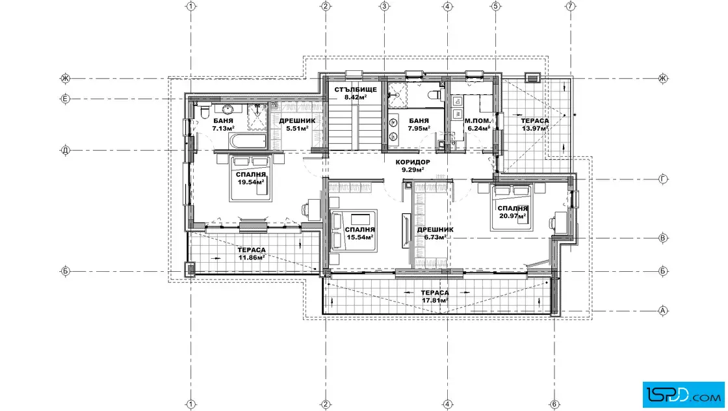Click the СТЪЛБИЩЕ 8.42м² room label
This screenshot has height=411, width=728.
click(x=356, y=94)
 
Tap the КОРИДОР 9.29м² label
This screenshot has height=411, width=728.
click(x=413, y=166)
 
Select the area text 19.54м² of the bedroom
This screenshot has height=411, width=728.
click(x=251, y=182)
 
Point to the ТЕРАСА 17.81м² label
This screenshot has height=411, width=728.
click(x=435, y=297)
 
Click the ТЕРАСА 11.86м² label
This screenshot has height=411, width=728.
click(x=252, y=254)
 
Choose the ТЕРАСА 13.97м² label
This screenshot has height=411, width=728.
click(x=535, y=124)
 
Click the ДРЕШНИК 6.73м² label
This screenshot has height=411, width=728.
click(x=435, y=233)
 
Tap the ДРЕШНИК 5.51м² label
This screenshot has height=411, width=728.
click(x=297, y=124)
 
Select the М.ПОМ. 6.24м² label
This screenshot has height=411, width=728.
click(x=478, y=124)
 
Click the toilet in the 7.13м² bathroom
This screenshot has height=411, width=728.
click(x=204, y=111)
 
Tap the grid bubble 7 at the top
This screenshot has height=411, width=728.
click(x=571, y=6)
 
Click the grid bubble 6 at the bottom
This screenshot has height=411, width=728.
click(x=554, y=404)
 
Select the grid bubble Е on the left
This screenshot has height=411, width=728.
click(x=66, y=98)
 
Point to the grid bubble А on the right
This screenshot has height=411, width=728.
click(x=663, y=311)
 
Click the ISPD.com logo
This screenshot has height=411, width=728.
click(x=683, y=395)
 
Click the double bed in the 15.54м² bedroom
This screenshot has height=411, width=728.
click(x=354, y=231)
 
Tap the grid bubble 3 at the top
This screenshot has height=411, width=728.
click(x=384, y=6)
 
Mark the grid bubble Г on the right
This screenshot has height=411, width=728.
click(x=663, y=179)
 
